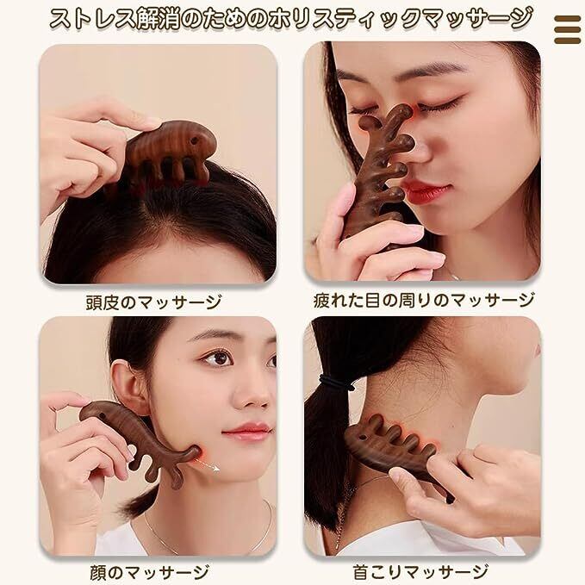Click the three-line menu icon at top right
(567, 29)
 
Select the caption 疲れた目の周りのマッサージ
(424, 301)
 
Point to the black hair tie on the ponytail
(337, 383)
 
